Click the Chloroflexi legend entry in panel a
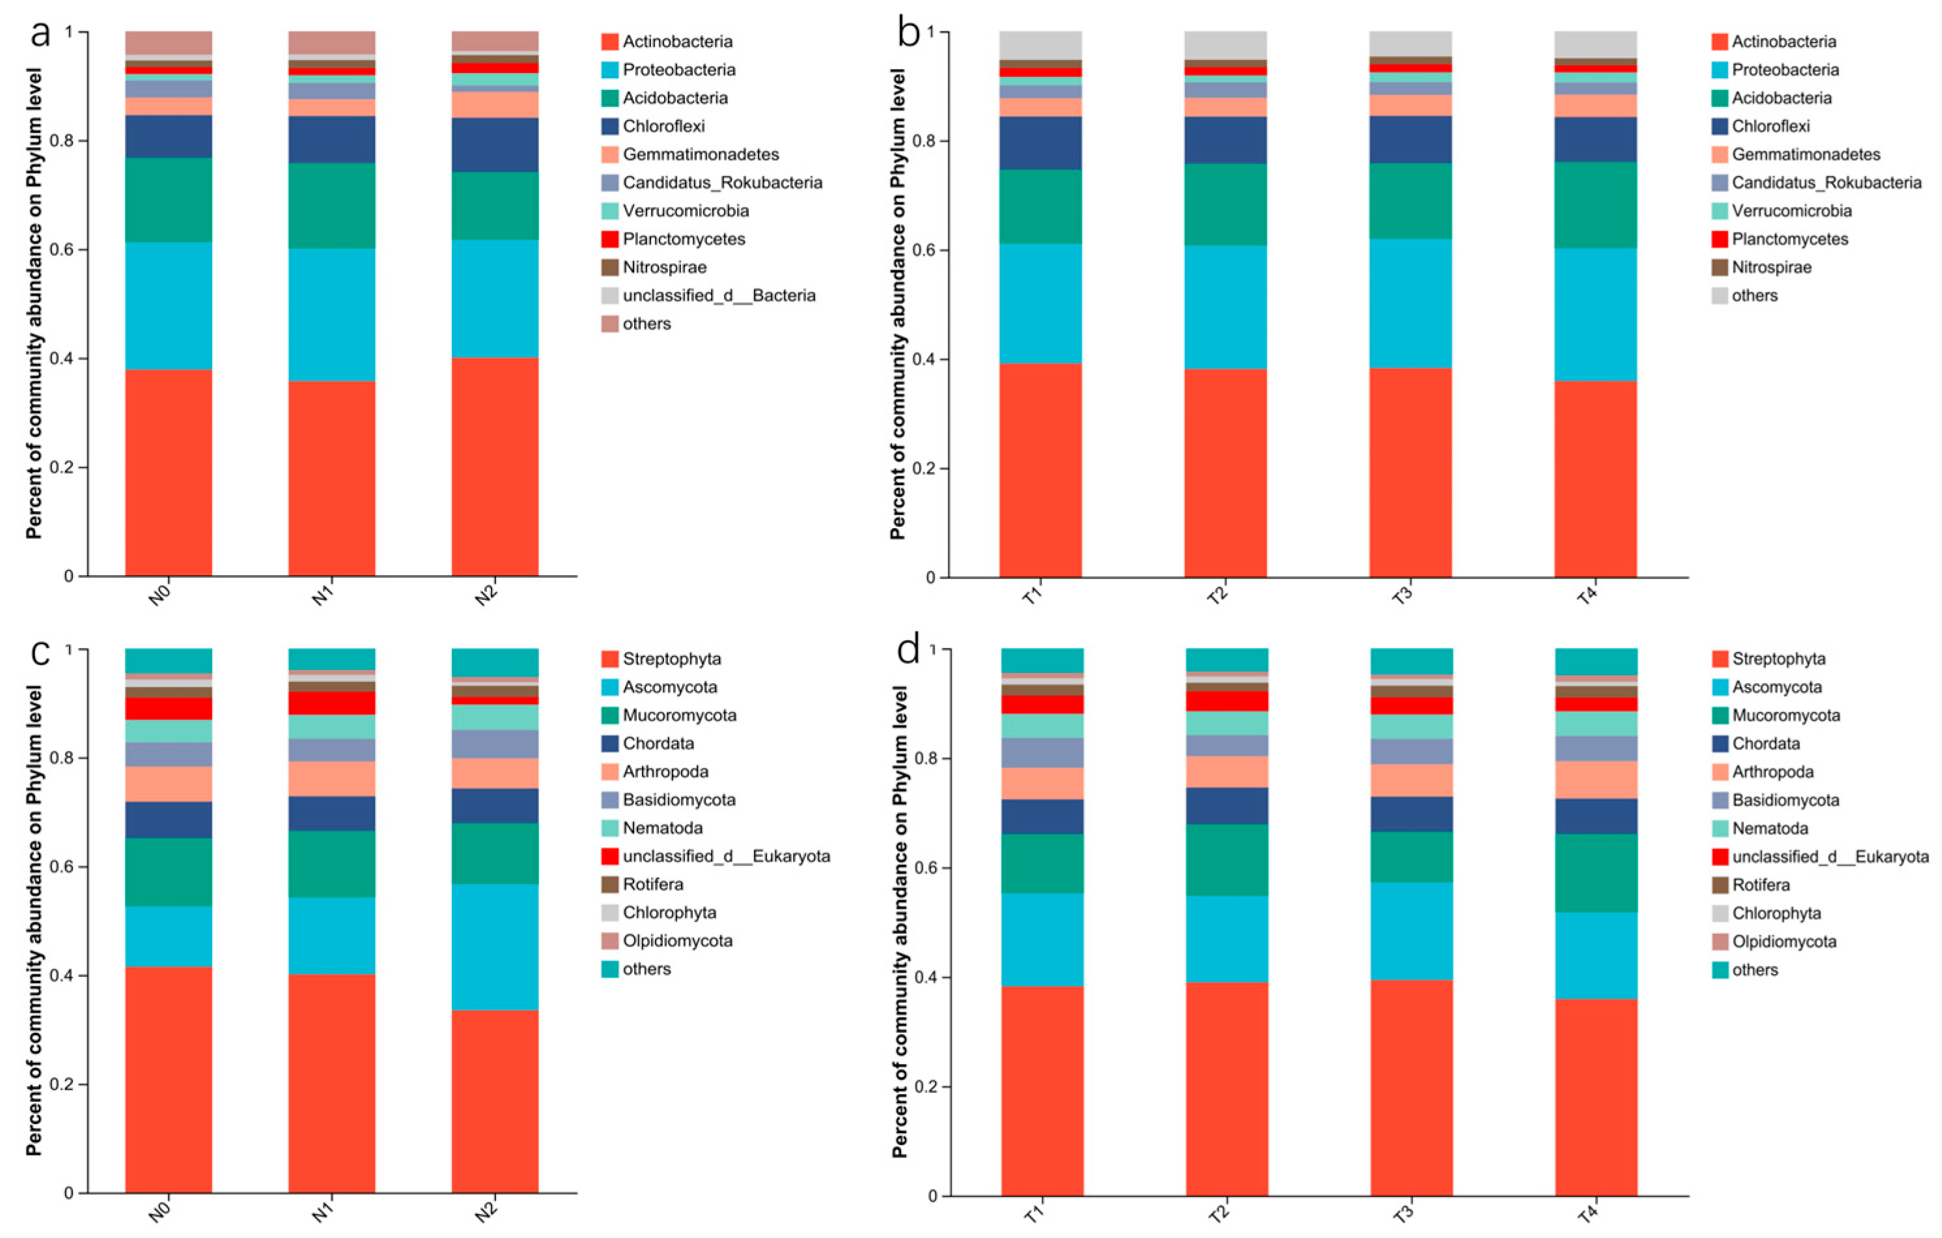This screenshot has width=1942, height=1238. [x=653, y=126]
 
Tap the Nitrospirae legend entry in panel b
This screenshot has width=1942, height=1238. [x=1762, y=267]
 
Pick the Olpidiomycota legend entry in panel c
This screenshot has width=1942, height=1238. [x=667, y=940]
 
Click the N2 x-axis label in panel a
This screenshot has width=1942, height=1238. [x=486, y=596]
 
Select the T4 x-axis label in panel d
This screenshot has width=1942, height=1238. [x=1587, y=1214]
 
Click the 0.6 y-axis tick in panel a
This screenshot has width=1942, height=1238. [x=61, y=249]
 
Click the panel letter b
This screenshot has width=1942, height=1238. [x=909, y=34]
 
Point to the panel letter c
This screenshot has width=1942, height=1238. [x=40, y=652]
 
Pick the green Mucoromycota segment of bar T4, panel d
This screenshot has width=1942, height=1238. [x=1596, y=873]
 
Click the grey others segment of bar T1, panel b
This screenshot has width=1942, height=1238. [x=1040, y=45]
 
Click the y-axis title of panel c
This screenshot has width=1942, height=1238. [x=33, y=920]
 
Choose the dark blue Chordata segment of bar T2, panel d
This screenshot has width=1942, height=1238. [x=1227, y=806]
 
